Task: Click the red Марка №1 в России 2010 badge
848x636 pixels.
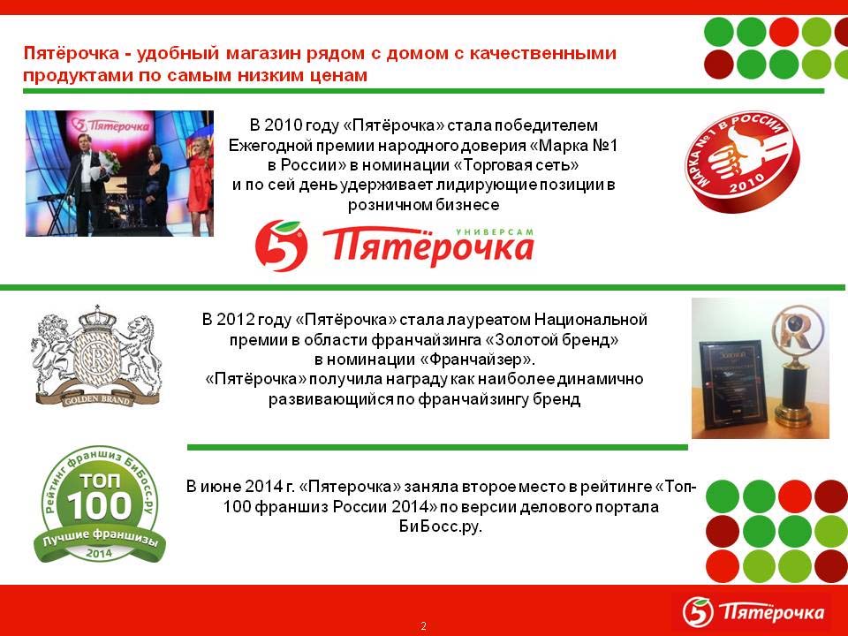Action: [x=742, y=161]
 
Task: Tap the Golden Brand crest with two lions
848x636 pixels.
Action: [x=97, y=355]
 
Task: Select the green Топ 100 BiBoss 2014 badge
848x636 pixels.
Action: [x=99, y=504]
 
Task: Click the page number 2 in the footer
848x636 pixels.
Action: [x=423, y=625]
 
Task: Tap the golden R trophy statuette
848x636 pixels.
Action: [x=796, y=366]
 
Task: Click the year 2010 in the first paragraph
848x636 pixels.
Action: [x=283, y=125]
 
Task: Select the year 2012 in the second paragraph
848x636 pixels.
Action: [x=235, y=319]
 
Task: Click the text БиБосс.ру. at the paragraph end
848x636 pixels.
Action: [x=440, y=526]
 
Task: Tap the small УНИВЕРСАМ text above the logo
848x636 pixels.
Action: [x=495, y=232]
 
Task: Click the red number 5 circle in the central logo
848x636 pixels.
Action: [x=281, y=246]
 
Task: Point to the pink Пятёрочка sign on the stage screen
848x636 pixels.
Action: [x=111, y=125]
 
